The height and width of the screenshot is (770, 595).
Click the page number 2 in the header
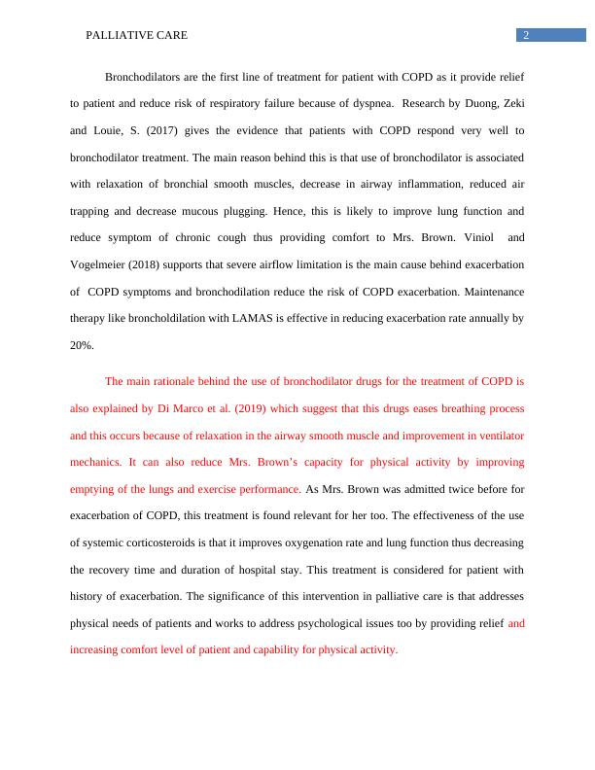526,35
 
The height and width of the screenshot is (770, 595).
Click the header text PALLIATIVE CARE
137,35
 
